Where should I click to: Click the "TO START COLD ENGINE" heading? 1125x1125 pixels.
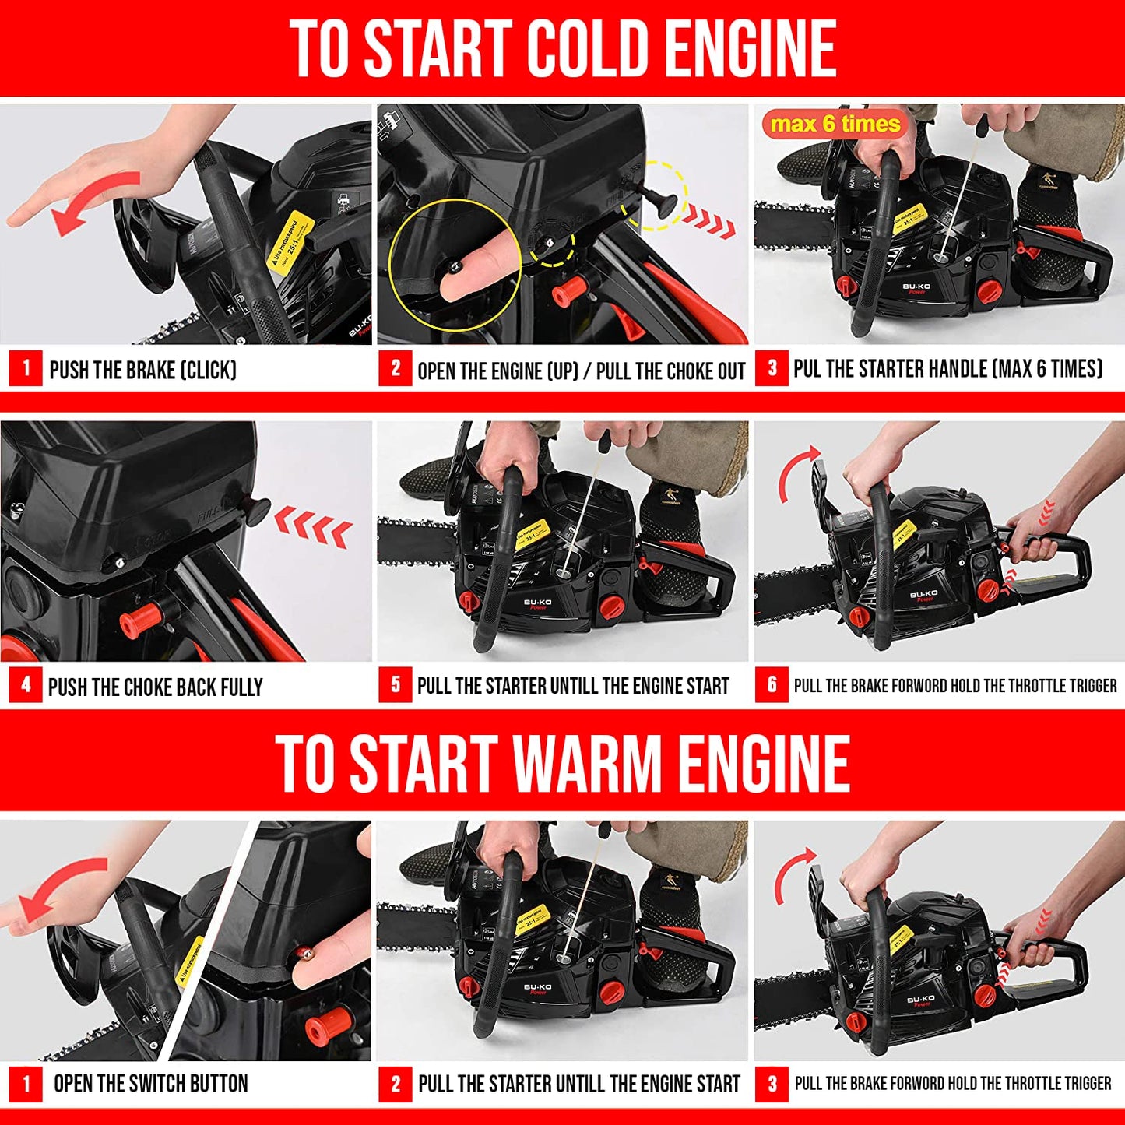coord(562,48)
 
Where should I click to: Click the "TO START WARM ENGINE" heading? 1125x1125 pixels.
coord(562,763)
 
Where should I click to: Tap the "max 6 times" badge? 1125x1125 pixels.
coord(835,125)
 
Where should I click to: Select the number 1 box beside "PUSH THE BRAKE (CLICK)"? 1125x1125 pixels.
coord(26,368)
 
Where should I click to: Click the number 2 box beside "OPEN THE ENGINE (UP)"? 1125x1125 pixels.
coord(396,368)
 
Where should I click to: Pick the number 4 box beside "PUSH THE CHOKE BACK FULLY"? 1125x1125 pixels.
coord(26,685)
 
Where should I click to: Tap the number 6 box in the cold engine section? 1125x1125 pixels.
coord(772,685)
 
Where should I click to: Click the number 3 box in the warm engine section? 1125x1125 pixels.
coord(772,1083)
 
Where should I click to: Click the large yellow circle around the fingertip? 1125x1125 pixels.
coord(455,264)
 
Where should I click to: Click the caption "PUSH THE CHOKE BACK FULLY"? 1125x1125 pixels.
coord(156,687)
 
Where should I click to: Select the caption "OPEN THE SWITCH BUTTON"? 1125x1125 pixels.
coord(150,1084)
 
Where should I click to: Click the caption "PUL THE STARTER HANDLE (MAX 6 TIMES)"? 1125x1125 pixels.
coord(947,369)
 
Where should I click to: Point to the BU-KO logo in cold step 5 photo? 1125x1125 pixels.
coord(537,603)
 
